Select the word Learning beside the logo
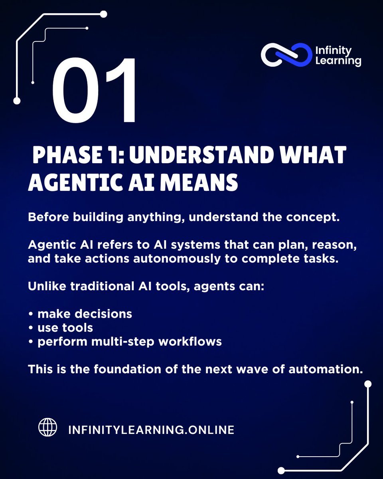coord(338,61)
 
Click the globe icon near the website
coord(48,427)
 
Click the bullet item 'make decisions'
coord(85,314)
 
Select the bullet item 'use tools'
coord(65,328)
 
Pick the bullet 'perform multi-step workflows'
coord(130,342)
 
